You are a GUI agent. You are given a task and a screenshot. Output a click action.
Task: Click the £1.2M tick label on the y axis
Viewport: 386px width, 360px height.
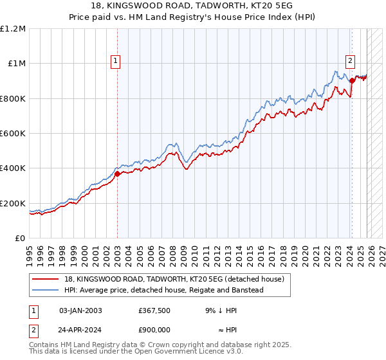[14, 29]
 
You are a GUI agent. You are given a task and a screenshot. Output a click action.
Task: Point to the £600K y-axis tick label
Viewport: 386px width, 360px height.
[14, 134]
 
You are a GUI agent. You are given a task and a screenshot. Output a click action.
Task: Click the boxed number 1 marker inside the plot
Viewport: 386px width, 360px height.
[116, 61]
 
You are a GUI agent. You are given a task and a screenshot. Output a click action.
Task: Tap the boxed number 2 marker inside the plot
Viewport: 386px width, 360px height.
[350, 61]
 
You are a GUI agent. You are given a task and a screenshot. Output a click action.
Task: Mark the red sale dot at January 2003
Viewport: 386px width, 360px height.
[118, 174]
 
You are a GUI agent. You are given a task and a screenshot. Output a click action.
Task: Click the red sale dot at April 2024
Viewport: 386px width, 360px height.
[352, 81]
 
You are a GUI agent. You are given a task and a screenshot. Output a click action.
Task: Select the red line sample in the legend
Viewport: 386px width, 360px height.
[45, 279]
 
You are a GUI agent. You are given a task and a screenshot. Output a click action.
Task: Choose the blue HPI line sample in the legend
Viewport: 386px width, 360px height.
[45, 290]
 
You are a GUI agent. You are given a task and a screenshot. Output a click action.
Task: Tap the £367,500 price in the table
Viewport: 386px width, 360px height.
[154, 310]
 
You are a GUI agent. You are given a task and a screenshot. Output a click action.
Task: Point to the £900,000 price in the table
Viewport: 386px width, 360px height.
[154, 330]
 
